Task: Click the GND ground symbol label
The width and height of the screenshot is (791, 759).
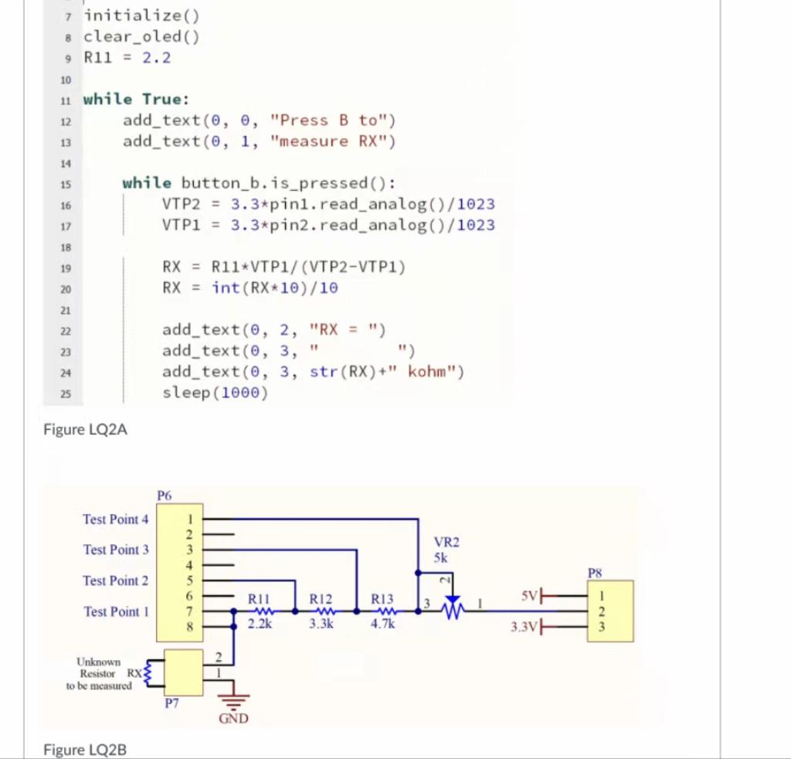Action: coord(233,719)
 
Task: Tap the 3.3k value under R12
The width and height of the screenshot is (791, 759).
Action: coord(320,625)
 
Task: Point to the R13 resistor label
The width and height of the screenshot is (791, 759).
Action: coord(382,597)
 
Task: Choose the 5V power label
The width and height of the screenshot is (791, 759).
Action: coord(528,596)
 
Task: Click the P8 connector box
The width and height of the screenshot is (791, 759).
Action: coord(609,611)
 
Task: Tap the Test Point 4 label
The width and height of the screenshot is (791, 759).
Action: coord(115,519)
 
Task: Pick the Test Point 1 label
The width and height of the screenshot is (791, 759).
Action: coord(115,611)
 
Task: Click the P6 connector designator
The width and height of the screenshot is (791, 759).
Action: coord(165,495)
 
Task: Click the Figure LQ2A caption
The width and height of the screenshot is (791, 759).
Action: coord(85,430)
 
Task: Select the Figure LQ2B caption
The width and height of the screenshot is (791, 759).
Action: coord(85,749)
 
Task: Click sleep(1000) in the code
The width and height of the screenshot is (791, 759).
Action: coord(215,393)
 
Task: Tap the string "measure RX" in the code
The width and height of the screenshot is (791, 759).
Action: coord(333,141)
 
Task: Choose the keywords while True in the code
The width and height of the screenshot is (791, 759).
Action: coord(136,99)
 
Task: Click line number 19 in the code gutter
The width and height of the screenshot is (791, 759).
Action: coord(66,268)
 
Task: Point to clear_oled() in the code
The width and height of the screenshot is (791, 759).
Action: coord(142,36)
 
